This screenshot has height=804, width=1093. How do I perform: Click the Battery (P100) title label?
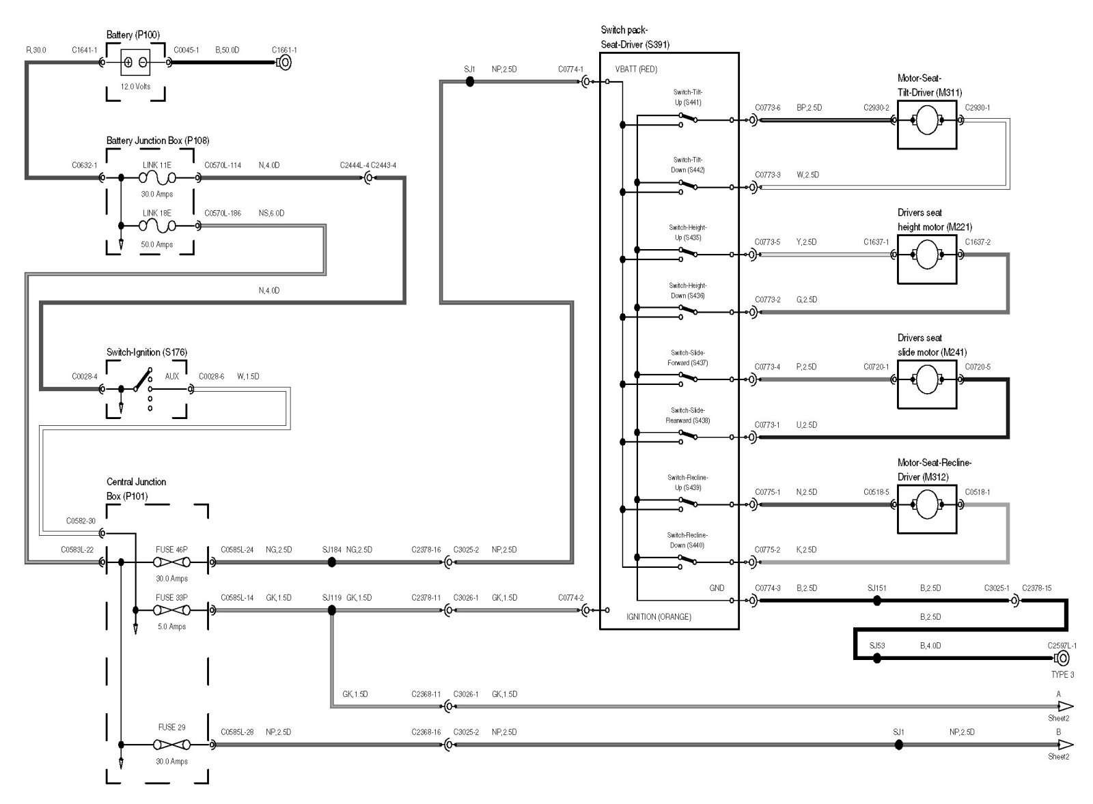point(133,35)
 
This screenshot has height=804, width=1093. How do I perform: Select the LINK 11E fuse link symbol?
point(157,178)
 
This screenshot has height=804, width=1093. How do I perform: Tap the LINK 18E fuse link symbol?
point(157,226)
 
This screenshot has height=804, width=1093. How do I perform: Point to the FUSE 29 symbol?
point(171,745)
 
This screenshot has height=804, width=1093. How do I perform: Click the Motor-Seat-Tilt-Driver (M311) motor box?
point(926,121)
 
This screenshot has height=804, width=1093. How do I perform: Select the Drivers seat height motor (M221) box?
point(926,255)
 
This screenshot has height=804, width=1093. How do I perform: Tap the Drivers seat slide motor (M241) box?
point(926,380)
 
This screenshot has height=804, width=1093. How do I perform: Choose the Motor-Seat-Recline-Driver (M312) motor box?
point(926,505)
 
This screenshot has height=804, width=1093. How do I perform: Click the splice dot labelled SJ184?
point(332,562)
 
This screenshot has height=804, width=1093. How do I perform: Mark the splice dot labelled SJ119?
point(332,610)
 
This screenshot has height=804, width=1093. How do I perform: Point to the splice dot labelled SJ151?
point(877,601)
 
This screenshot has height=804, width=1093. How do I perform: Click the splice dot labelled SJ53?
point(877,658)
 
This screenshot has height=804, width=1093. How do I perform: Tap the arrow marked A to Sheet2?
point(1066,706)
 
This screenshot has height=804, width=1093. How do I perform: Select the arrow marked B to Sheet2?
point(1066,745)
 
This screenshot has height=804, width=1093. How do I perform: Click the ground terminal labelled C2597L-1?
point(1062,658)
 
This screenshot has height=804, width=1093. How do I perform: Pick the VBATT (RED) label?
point(636,70)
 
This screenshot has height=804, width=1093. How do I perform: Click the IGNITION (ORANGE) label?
point(659,617)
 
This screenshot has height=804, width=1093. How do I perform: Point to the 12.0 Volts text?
point(136,87)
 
